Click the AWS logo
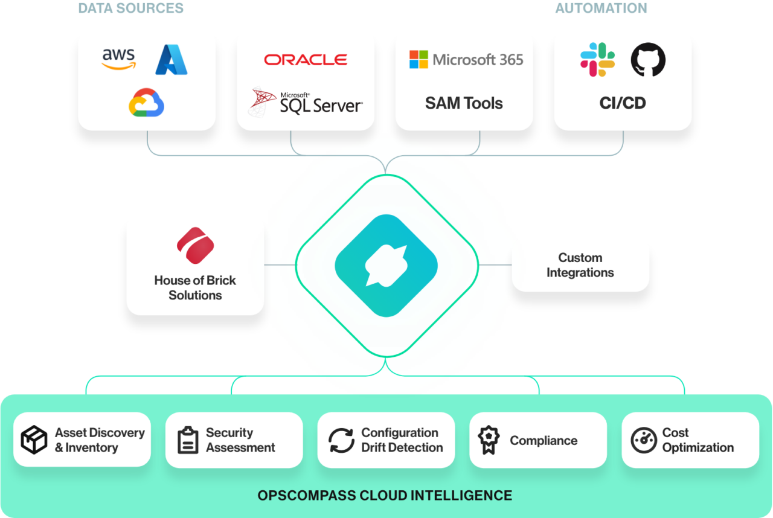118,59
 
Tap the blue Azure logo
172,60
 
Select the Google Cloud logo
146,102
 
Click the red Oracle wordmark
306,60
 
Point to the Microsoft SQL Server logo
306,102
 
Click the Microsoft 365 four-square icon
419,60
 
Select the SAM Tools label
464,103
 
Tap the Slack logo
597,60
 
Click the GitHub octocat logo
648,60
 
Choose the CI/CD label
623,103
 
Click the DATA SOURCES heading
131,8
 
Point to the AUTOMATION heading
601,8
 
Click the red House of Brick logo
195,246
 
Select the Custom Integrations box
580,265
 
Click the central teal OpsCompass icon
386,265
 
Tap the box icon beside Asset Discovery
34,440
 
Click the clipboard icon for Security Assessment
188,440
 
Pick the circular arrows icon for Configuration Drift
341,440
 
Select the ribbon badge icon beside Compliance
489,440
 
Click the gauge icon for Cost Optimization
643,440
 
